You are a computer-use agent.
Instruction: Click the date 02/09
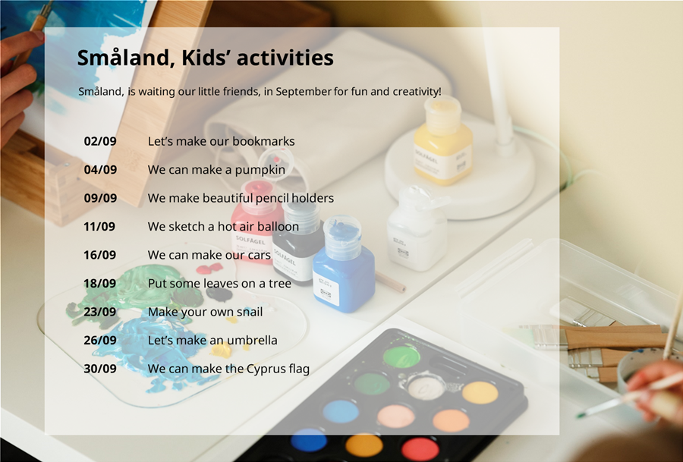(x=100, y=141)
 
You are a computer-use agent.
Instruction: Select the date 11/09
(x=99, y=226)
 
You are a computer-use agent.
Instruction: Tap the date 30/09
(x=100, y=369)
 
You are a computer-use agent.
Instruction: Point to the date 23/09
(x=100, y=312)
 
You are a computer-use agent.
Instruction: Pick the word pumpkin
(x=260, y=170)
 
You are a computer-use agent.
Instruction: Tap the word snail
(x=249, y=312)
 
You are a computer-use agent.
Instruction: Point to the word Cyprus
(x=266, y=369)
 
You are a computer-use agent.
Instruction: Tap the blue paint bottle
(x=344, y=266)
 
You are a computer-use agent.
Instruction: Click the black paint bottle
(x=298, y=244)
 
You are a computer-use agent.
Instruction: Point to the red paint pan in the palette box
(x=420, y=449)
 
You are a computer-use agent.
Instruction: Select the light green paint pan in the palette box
(x=401, y=357)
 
